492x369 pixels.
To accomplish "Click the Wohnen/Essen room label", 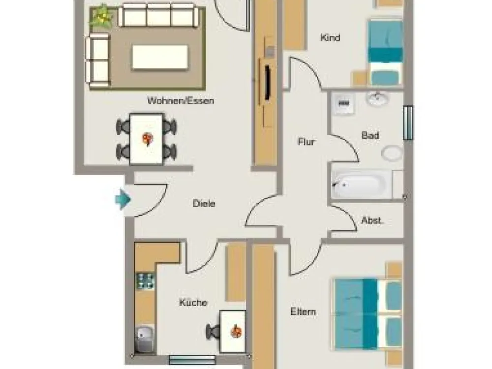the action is (181, 101).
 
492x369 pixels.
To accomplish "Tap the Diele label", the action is (204, 203).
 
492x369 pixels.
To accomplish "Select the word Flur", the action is (306, 142).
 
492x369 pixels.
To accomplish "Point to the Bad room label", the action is (370, 136).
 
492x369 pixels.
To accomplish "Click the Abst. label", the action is (372, 220).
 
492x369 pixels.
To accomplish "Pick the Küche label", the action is (193, 303).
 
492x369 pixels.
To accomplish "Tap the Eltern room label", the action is (303, 312).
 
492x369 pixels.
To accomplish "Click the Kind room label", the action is (330, 38).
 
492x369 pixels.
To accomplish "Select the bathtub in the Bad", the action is (362, 184).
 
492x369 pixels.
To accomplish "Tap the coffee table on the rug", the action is (160, 57).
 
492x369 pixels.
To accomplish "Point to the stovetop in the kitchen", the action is (145, 281).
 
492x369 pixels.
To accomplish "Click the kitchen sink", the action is (144, 338).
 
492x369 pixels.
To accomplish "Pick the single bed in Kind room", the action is (385, 53).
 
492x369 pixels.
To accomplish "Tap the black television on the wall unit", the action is (268, 83).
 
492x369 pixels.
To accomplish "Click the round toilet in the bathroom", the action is (392, 154).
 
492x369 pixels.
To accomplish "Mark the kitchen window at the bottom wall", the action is (192, 360).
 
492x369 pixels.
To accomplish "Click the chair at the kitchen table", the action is (214, 332).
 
